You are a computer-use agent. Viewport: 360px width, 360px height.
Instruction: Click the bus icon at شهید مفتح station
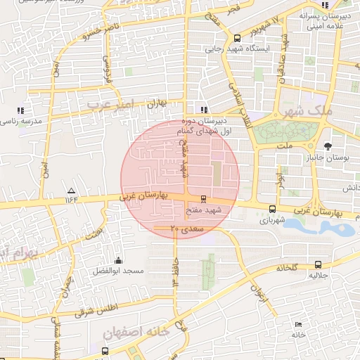(204, 199)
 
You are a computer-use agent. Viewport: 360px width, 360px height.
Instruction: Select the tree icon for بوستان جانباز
(328, 145)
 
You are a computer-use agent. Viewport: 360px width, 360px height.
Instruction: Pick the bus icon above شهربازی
(273, 208)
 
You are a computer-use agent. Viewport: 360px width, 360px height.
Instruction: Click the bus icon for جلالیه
(319, 265)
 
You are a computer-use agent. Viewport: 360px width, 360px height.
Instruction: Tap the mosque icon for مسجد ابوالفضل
(117, 259)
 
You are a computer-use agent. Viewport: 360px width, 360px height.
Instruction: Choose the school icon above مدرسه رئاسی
(20, 110)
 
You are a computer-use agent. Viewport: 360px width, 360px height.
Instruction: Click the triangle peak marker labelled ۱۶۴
(70, 191)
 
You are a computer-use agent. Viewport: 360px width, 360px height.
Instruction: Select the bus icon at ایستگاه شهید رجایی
(237, 38)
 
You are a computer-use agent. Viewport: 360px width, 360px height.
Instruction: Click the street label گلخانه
(287, 268)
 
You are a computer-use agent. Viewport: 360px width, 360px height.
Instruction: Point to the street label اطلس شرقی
(98, 309)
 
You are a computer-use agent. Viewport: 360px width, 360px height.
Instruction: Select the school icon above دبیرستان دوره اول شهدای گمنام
(204, 109)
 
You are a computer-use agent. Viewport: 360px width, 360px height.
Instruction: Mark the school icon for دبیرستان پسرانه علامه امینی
(324, 6)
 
